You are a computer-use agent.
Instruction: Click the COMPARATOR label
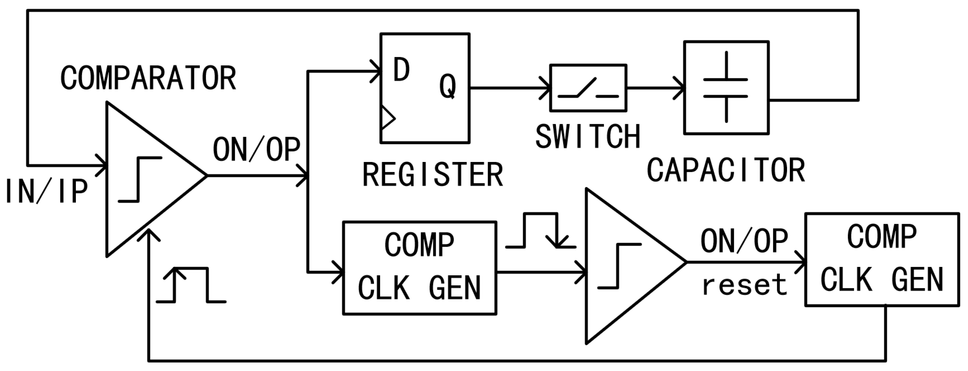tap(148, 78)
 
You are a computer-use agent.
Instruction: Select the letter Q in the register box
tap(448, 86)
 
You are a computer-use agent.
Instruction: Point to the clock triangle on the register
tap(387, 118)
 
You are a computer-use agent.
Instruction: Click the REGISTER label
tap(433, 175)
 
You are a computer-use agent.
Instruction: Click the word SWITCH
tap(588, 137)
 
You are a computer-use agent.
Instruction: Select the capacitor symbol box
tap(726, 88)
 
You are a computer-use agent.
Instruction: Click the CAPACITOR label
tap(726, 171)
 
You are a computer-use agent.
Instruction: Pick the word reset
tap(744, 285)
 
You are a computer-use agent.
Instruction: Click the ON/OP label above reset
tap(744, 241)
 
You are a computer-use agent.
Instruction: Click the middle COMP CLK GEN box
tap(419, 268)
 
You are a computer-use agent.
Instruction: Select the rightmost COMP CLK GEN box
tap(881, 259)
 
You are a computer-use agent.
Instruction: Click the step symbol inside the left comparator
tap(140, 179)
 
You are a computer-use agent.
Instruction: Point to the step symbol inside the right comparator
tap(619, 266)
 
